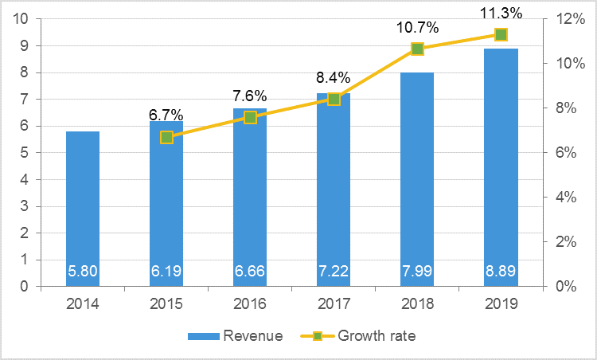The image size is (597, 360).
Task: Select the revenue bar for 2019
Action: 501,167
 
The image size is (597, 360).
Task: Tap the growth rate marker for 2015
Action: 166,137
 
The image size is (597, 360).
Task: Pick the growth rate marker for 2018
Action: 417,49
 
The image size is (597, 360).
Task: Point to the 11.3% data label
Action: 501,14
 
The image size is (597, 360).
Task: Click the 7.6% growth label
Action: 250,97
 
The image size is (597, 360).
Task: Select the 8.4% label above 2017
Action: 334,78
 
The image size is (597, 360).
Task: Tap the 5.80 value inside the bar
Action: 83,272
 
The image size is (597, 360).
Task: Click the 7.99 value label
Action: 417,272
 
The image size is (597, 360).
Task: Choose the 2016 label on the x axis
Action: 250,303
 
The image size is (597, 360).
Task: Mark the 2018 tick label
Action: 417,303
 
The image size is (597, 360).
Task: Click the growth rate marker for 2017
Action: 334,100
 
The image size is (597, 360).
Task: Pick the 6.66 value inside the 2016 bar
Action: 250,272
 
